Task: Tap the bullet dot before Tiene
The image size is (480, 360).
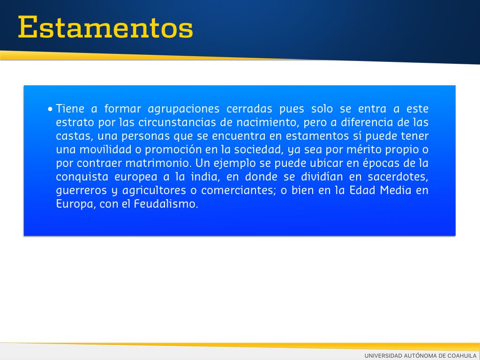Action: (50, 109)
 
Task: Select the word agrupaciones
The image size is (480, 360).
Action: (184, 109)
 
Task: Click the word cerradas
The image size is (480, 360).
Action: (249, 109)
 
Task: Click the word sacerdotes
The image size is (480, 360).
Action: (397, 177)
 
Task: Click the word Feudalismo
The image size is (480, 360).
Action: (166, 204)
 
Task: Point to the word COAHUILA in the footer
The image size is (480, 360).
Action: (462, 356)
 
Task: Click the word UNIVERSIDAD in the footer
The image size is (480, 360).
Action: (383, 356)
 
